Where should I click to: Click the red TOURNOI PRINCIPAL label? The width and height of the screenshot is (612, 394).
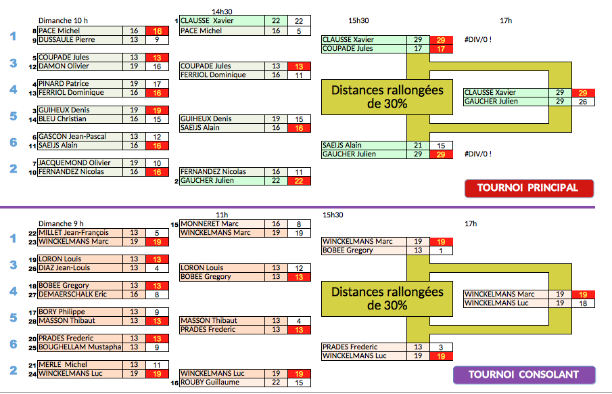(x=528, y=188)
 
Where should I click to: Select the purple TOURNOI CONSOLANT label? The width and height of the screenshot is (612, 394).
(x=523, y=374)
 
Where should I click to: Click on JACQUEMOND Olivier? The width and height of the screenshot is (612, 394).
(x=74, y=163)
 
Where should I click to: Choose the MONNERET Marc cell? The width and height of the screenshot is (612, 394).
(x=210, y=224)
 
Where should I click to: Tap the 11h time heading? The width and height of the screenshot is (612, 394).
(x=222, y=215)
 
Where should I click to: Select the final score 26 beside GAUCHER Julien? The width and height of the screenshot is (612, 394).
(x=582, y=102)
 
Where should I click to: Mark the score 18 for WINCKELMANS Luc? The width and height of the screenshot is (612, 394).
(x=582, y=303)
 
